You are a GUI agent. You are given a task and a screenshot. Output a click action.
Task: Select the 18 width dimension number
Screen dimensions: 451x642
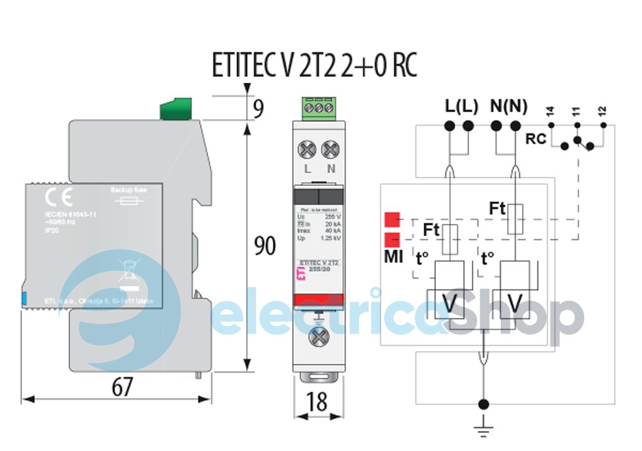pyautogui.click(x=317, y=401)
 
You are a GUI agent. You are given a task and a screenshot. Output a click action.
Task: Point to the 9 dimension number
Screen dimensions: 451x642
pyautogui.click(x=258, y=108)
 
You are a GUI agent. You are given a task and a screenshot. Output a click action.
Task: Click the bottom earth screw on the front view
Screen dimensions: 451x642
pyautogui.click(x=317, y=336)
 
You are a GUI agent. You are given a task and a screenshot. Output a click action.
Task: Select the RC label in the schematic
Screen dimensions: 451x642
pyautogui.click(x=535, y=138)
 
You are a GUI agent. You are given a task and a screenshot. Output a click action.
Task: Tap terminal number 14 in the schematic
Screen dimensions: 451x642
pyautogui.click(x=550, y=112)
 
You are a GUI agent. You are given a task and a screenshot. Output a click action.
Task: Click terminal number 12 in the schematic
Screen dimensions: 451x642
pyautogui.click(x=602, y=112)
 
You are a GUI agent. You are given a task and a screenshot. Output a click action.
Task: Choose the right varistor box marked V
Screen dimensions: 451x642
pyautogui.click(x=514, y=302)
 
